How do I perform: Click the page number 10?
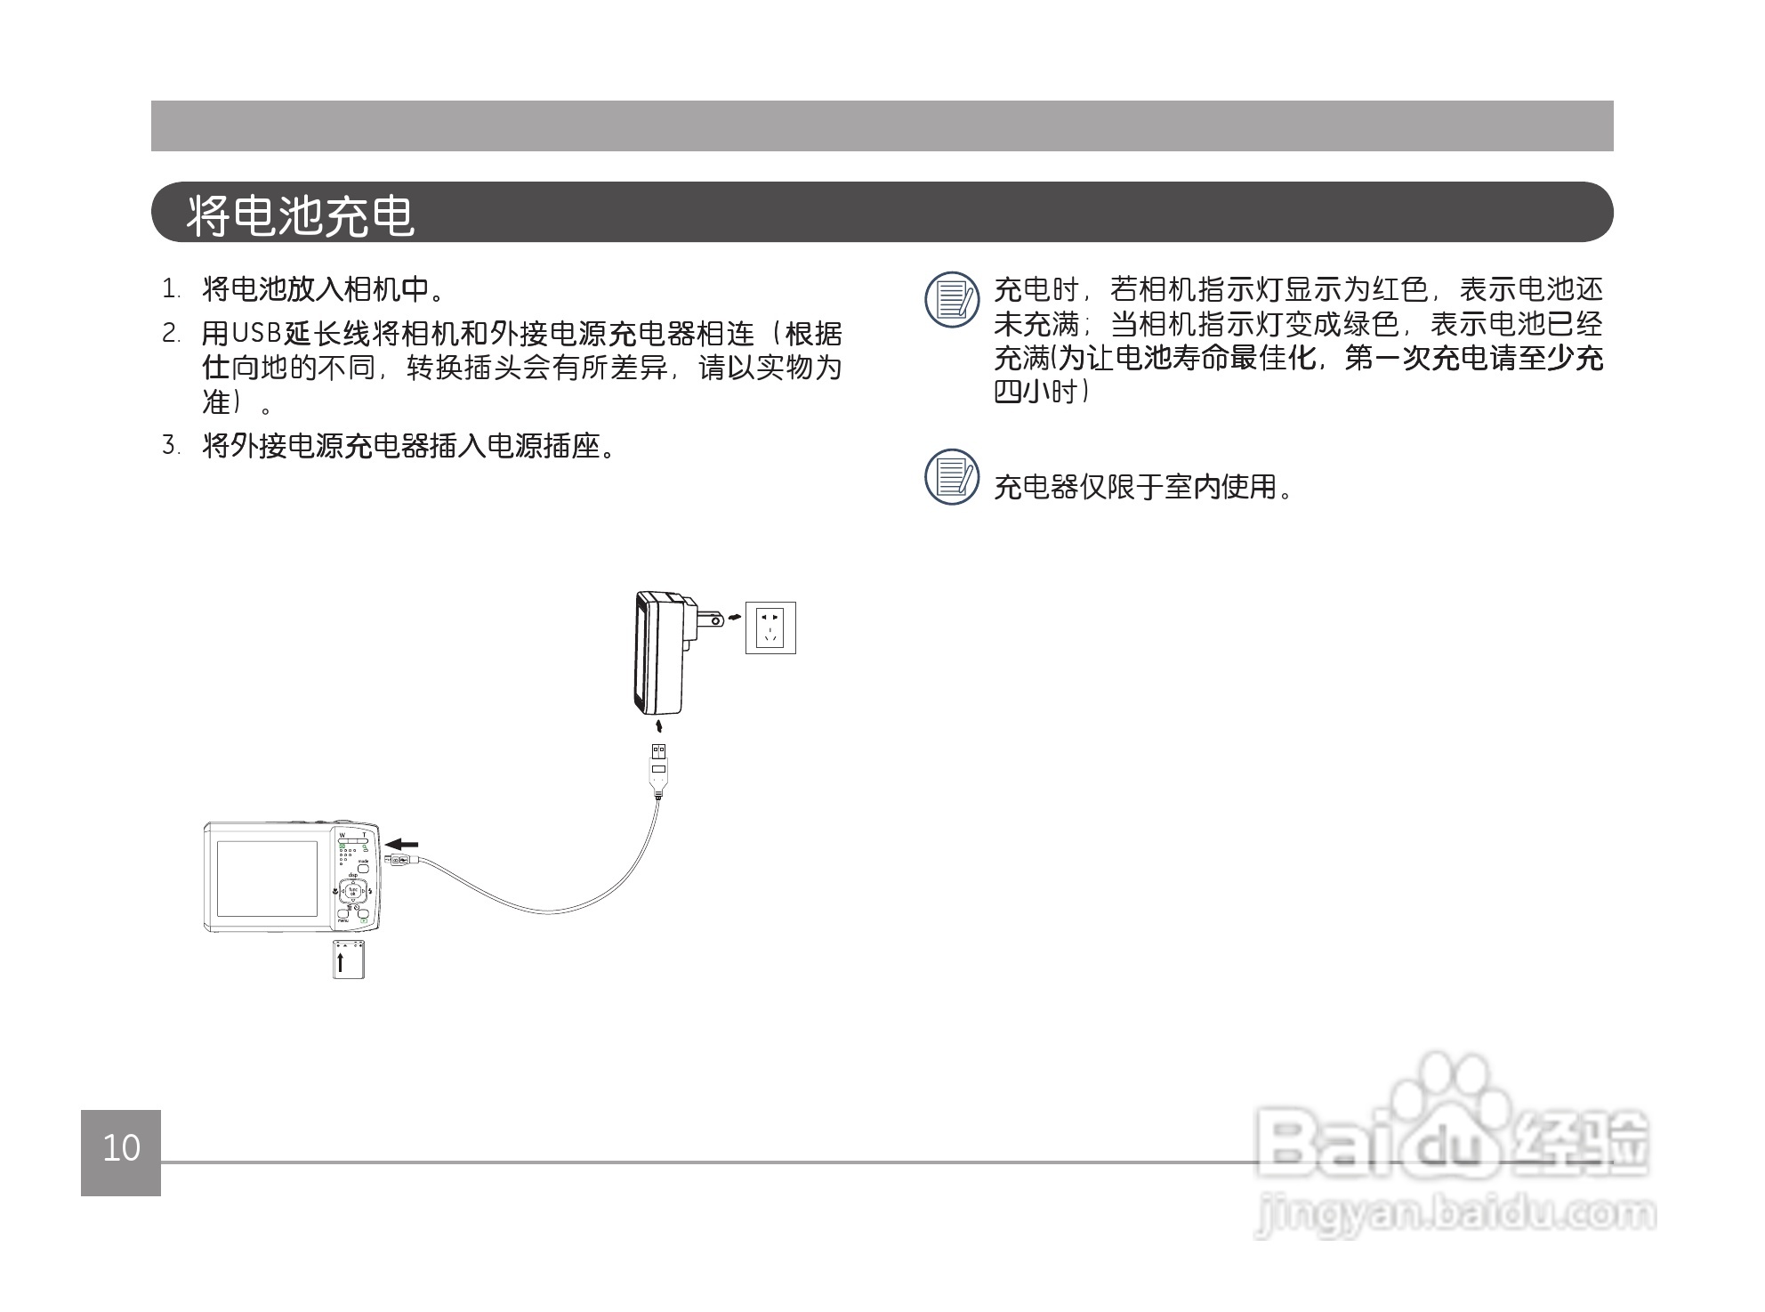point(121,1148)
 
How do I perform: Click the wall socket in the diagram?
point(770,628)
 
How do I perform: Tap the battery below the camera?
point(349,960)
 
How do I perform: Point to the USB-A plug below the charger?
point(658,762)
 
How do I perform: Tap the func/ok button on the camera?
point(353,890)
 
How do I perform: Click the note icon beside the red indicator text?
point(951,299)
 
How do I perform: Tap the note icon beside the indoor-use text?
point(951,477)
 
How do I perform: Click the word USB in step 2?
point(256,334)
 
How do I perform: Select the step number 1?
point(171,290)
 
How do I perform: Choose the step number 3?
point(171,445)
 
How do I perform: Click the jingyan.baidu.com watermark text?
point(1455,1215)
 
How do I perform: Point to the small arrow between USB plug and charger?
point(658,727)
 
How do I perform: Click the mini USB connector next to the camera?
point(398,859)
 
